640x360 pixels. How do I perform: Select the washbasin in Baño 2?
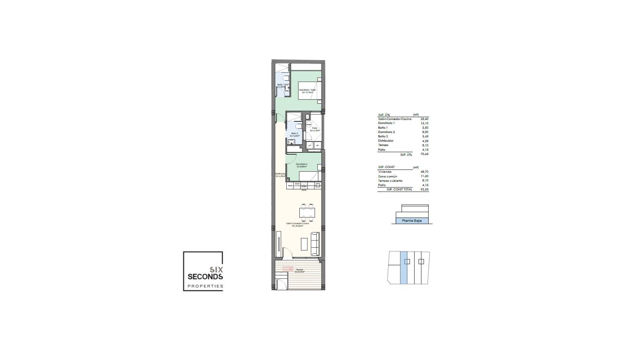pyautogui.click(x=292, y=142)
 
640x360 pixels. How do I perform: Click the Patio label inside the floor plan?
pyautogui.click(x=315, y=128)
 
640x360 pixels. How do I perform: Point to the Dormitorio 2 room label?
pyautogui.click(x=301, y=164)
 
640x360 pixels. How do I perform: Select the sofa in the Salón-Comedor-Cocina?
pyautogui.click(x=315, y=244)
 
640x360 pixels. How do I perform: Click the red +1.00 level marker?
pyautogui.click(x=287, y=269)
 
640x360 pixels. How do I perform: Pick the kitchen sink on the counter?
pyautogui.click(x=317, y=185)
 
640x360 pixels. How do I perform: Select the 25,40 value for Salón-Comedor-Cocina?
pyautogui.click(x=424, y=119)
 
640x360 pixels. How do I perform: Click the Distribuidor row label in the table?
pyautogui.click(x=386, y=141)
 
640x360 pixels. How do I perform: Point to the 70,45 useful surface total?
pyautogui.click(x=424, y=154)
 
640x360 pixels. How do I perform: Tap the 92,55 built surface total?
pyautogui.click(x=424, y=189)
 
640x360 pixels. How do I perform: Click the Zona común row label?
pyautogui.click(x=387, y=176)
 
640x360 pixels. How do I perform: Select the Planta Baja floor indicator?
pyautogui.click(x=412, y=221)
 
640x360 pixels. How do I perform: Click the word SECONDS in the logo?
pyautogui.click(x=205, y=277)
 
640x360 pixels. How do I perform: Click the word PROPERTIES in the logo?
pyautogui.click(x=205, y=286)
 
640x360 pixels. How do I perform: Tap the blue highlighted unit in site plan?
pyautogui.click(x=404, y=267)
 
